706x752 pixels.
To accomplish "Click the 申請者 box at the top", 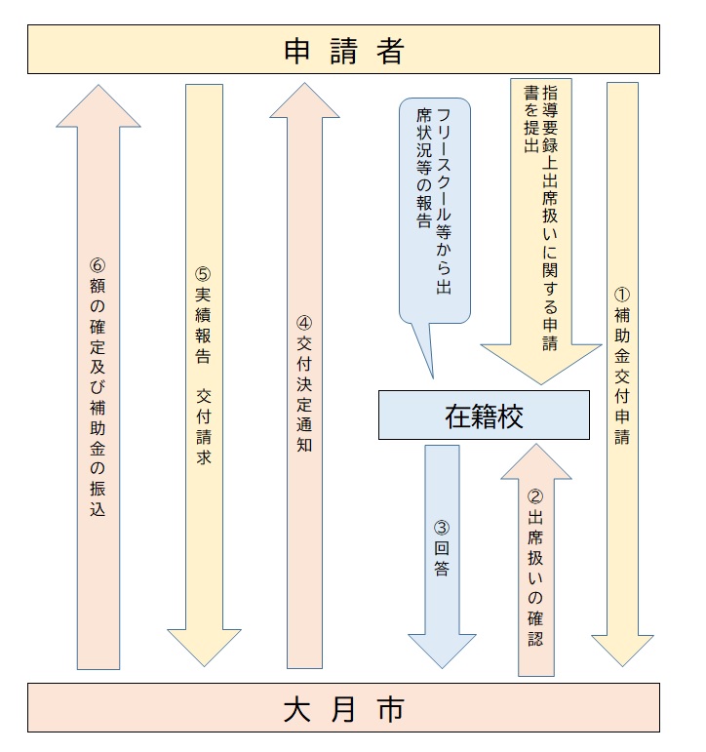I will click(343, 51).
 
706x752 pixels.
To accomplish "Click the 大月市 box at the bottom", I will click(343, 709).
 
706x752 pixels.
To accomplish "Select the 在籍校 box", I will click(484, 416).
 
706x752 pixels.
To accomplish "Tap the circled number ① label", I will click(622, 292).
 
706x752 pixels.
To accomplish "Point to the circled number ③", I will click(442, 529).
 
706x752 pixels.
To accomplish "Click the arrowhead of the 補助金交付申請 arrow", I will click(622, 650).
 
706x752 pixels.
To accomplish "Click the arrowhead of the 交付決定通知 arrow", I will click(303, 100).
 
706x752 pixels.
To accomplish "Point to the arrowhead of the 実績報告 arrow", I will click(203, 646).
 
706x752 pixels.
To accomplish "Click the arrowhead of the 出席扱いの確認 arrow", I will click(535, 463).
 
